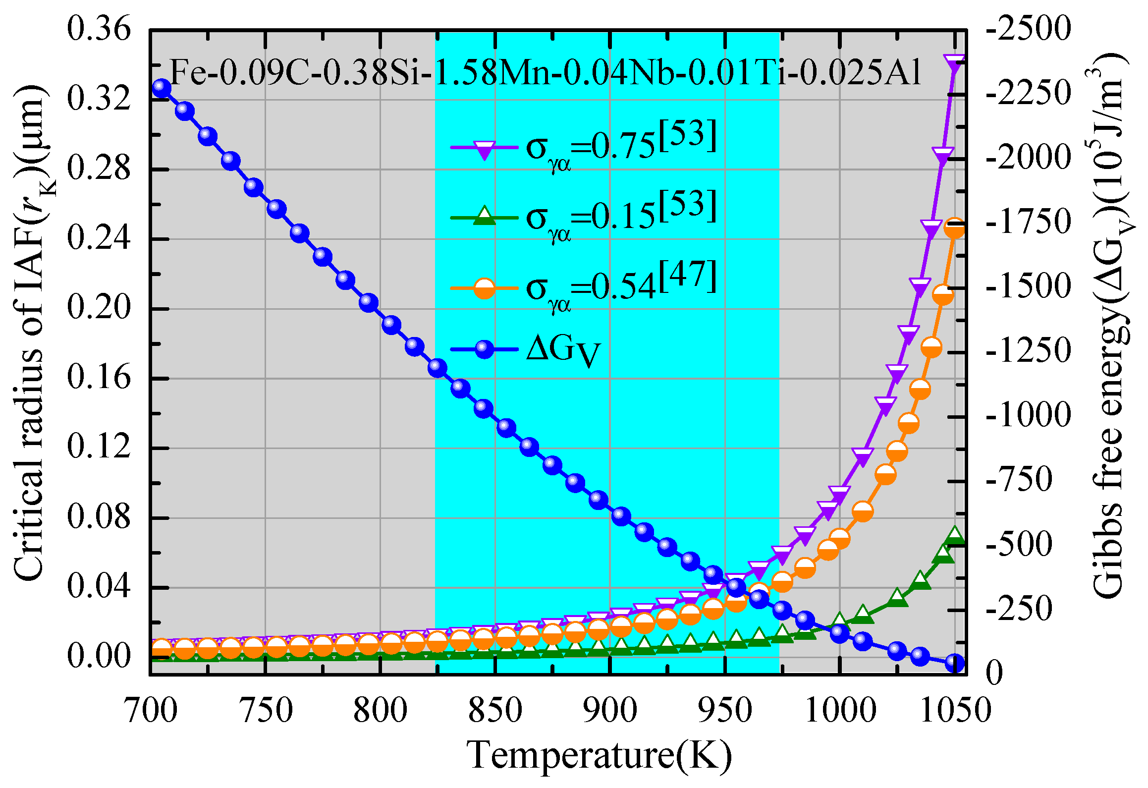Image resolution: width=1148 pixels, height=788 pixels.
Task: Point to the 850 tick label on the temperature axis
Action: (x=495, y=711)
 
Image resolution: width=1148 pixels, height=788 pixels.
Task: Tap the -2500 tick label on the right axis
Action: (x=1029, y=29)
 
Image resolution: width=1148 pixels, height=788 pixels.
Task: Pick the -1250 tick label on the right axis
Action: (x=1029, y=351)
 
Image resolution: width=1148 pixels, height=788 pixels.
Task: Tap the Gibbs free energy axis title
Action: (x=1110, y=327)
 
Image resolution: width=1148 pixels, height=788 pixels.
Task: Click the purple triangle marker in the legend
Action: (x=484, y=148)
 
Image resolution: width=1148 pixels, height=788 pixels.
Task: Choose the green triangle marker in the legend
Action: (x=484, y=217)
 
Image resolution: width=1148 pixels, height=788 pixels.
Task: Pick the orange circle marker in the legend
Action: (x=484, y=288)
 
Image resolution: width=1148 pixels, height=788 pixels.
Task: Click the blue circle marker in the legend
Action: (x=484, y=349)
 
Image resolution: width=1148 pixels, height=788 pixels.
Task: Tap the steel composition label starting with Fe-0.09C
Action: (x=545, y=72)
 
